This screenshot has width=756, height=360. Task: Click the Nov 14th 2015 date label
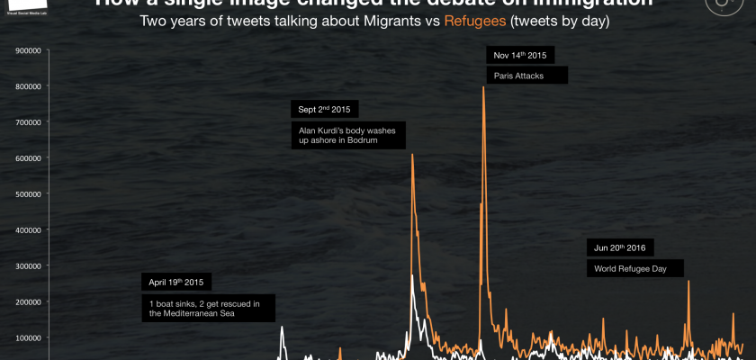coord(521,55)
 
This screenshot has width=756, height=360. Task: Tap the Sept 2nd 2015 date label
coord(325,110)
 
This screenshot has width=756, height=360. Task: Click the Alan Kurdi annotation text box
coord(349,135)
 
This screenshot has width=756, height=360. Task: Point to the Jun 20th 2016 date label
coord(620,247)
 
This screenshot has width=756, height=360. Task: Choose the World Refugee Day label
coord(635,268)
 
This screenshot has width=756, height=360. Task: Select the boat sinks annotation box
coord(208,308)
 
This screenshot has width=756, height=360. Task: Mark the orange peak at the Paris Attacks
coord(484,87)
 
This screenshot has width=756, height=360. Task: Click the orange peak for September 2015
coord(412,155)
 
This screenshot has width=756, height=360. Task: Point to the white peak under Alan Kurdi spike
coord(412,275)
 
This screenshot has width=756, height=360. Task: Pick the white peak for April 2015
coord(282,327)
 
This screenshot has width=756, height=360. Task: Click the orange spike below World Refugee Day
coord(688,282)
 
